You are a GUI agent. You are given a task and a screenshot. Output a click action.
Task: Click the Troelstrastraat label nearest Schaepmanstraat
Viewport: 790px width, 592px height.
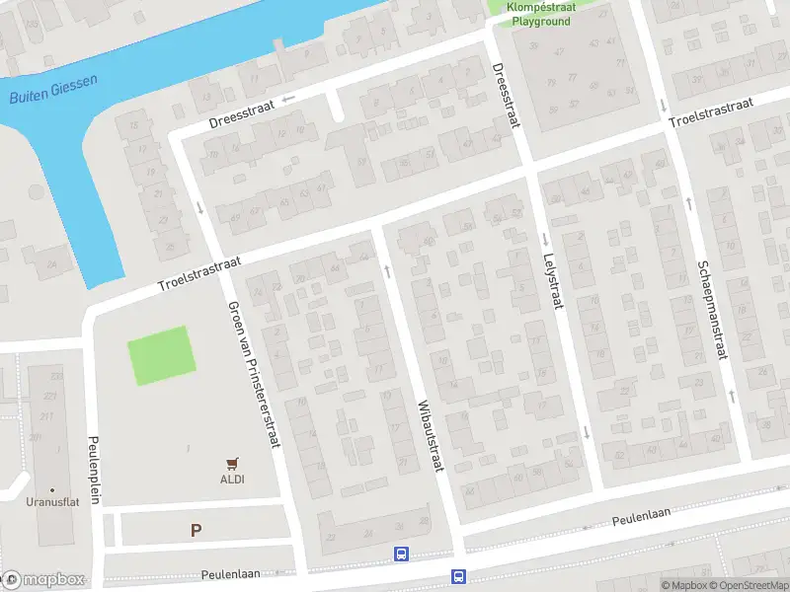(x=710, y=111)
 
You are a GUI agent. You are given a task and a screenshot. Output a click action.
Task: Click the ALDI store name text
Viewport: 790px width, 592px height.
(x=232, y=480)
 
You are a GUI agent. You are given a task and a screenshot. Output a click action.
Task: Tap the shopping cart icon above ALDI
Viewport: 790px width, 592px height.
(x=232, y=462)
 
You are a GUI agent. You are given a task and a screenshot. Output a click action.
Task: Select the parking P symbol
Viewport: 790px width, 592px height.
(x=196, y=530)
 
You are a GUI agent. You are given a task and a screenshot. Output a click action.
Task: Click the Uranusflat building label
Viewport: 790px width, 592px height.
(x=52, y=500)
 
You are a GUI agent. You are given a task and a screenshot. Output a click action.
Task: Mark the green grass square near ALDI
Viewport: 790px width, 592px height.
(x=158, y=355)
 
